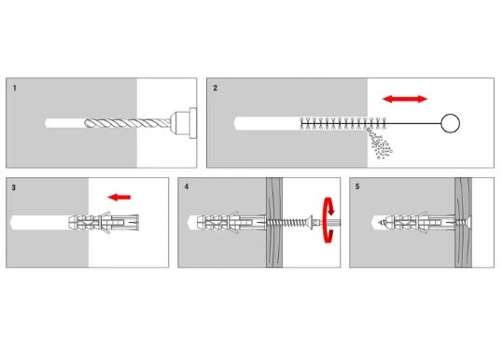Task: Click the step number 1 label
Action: pos(14,88)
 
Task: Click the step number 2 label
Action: pos(216,88)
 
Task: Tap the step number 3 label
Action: pos(13,187)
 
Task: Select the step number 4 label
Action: pos(187,187)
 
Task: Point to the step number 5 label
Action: pos(357,187)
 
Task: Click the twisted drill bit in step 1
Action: pos(128,123)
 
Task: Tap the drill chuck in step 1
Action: pos(184,123)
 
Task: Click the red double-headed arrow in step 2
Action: pos(405,99)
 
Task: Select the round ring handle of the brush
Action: pos(450,123)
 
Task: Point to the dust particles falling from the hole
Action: pos(380,144)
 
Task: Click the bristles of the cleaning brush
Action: pos(342,123)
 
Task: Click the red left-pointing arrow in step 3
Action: pos(119,197)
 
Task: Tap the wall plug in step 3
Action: pos(104,222)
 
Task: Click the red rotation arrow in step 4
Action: pos(328,219)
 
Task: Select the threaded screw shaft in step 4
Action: pos(286,222)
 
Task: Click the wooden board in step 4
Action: pos(274,223)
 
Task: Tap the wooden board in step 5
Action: pos(463,223)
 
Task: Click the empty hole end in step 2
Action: pos(237,123)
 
